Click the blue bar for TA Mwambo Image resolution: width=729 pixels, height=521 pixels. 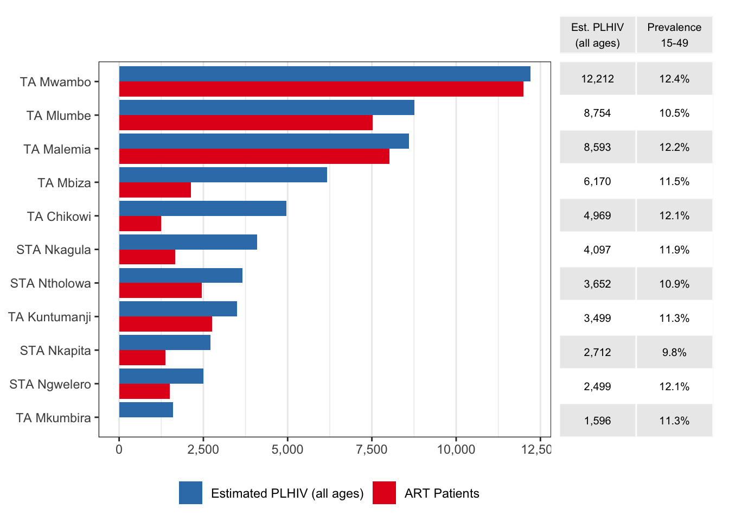[324, 74]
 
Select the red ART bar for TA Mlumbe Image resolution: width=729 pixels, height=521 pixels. [246, 123]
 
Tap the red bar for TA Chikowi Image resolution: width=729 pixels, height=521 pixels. [140, 224]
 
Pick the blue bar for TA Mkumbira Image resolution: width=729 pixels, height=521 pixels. [146, 410]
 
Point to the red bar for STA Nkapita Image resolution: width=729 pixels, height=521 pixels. [142, 358]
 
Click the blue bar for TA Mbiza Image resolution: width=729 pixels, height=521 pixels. [223, 175]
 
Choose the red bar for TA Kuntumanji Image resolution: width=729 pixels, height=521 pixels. [165, 324]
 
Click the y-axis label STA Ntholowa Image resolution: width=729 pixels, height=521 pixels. [50, 283]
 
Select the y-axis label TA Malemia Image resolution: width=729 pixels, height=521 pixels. [57, 149]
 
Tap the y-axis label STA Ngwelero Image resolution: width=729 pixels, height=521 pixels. [50, 384]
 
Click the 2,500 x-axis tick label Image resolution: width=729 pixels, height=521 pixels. [203, 449]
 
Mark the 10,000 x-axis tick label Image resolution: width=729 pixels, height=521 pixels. [456, 449]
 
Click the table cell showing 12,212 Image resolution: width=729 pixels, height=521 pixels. [597, 79]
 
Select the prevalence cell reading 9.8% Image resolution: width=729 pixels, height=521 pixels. [674, 352]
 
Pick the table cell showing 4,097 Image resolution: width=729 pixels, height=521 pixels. [597, 250]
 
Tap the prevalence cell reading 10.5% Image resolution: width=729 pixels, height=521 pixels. [674, 113]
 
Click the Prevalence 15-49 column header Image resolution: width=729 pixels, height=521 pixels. [674, 35]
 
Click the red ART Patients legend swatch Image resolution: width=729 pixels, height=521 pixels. [384, 493]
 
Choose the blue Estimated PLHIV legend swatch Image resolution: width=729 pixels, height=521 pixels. [190, 493]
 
